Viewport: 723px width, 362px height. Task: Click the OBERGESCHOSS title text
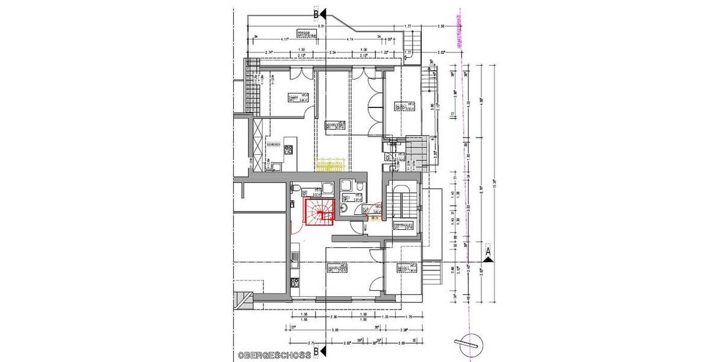pos(274,355)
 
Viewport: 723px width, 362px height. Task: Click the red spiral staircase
pos(319,212)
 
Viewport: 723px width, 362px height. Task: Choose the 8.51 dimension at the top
pos(322,27)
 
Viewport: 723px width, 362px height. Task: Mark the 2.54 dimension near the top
pos(332,52)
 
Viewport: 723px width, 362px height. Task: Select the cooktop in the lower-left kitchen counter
pos(295,259)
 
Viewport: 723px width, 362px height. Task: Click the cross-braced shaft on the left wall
pos(258,145)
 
